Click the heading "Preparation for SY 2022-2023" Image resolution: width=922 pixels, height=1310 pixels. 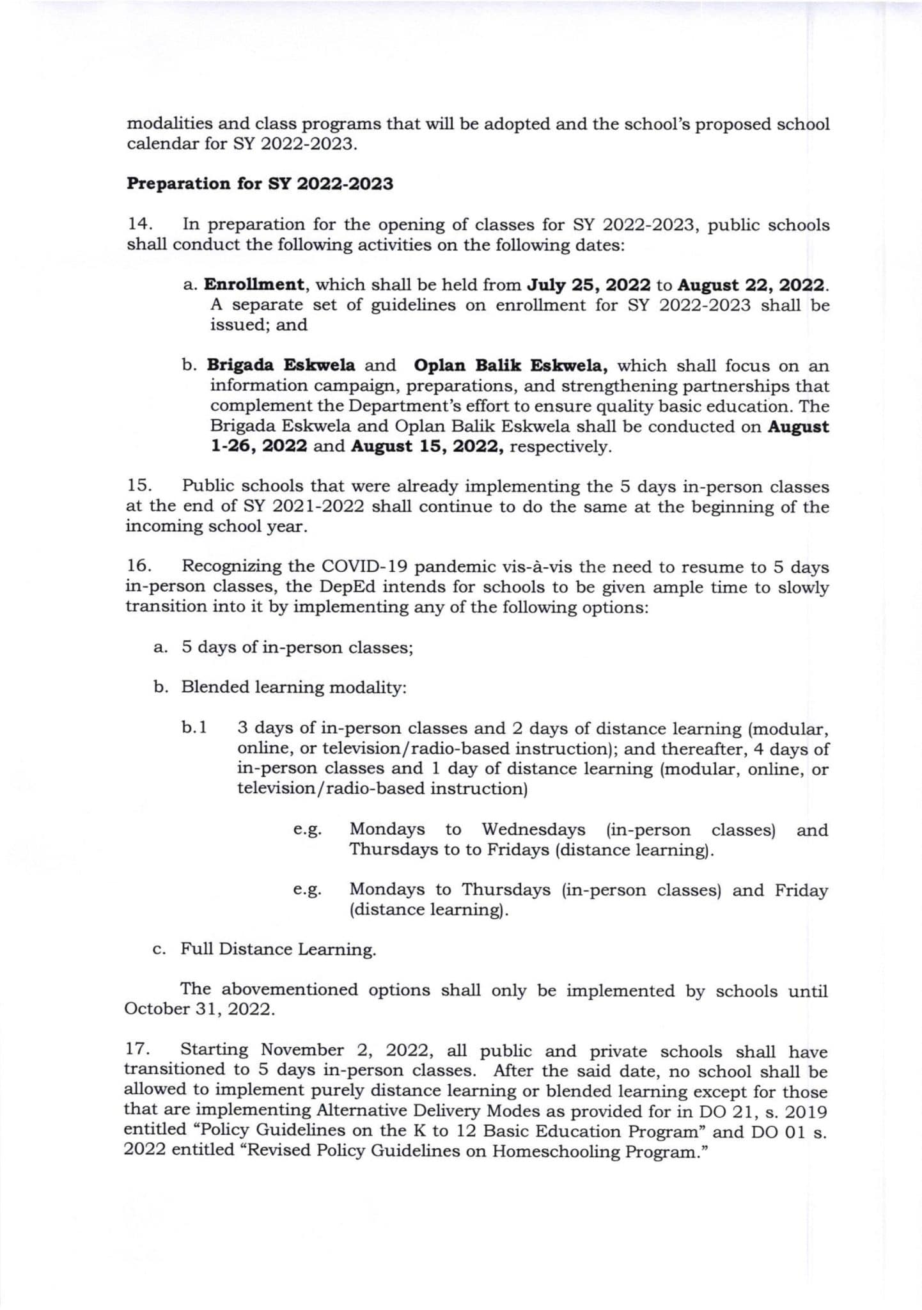[x=260, y=184]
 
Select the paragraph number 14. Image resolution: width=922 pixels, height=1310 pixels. [x=140, y=224]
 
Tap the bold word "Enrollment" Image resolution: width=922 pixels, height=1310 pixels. [x=254, y=285]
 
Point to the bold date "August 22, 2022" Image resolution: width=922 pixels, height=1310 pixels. [x=751, y=285]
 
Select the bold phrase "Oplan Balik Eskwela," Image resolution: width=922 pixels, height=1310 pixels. [x=511, y=365]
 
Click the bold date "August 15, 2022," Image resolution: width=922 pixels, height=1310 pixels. [x=427, y=446]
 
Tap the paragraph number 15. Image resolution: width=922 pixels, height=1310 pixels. [x=140, y=486]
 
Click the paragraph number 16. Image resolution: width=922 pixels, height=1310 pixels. [x=140, y=566]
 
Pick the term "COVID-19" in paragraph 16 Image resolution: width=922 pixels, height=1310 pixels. [x=359, y=567]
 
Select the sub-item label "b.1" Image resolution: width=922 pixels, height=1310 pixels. [x=194, y=727]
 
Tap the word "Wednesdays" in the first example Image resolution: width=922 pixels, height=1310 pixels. [x=533, y=830]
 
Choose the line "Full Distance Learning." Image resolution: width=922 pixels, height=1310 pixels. [x=278, y=949]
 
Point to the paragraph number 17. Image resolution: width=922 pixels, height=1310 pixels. [x=137, y=1050]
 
